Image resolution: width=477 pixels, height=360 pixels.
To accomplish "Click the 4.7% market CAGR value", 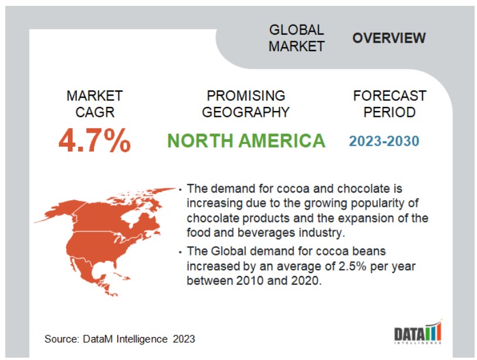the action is click(94, 140).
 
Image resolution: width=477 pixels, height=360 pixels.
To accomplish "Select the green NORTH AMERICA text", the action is click(246, 141).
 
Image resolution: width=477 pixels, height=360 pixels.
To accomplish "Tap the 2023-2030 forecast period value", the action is click(384, 142).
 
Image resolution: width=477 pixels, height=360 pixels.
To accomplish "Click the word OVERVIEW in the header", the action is click(389, 38).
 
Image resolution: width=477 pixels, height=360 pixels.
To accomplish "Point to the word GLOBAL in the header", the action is click(296, 30).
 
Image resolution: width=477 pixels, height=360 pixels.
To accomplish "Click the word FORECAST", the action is click(390, 96).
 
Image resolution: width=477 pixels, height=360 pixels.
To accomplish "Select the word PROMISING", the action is click(246, 96).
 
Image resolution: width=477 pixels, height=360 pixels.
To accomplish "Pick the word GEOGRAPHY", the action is click(246, 112).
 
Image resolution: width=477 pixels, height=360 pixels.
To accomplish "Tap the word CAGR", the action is click(95, 112).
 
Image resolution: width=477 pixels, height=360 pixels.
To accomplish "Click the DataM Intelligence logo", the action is click(418, 332).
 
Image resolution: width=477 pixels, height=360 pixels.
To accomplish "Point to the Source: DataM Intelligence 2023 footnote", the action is click(120, 339).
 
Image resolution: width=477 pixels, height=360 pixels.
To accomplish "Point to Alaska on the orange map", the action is click(58, 210).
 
